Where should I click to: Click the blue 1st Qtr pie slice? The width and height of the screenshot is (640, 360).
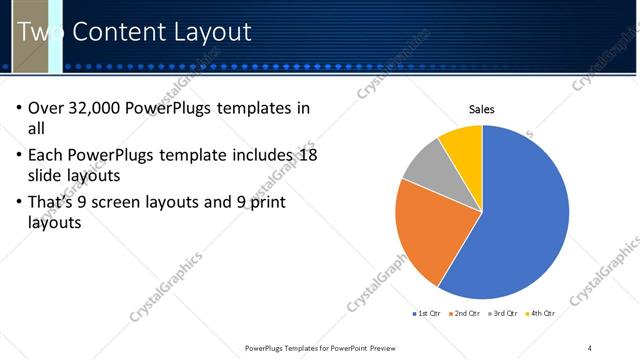click(x=520, y=220)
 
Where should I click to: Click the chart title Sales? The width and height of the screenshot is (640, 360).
click(x=482, y=110)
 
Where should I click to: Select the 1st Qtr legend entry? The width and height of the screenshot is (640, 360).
click(x=428, y=314)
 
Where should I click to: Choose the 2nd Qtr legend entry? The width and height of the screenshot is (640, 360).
click(x=466, y=314)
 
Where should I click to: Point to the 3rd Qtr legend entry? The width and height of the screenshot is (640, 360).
click(x=503, y=314)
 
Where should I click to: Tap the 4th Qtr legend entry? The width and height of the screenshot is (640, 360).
click(x=541, y=314)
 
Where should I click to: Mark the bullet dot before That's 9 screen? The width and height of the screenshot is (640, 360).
click(x=19, y=202)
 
